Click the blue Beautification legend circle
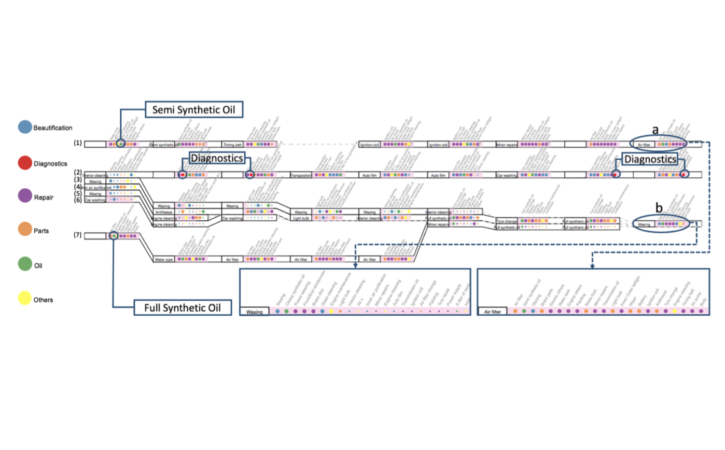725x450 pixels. click(24, 127)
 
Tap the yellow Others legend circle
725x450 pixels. click(24, 298)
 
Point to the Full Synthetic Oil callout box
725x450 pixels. click(175, 307)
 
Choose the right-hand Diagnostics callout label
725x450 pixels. click(650, 159)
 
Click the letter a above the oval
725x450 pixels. click(655, 130)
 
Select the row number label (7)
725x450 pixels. click(77, 235)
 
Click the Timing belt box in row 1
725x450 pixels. click(232, 145)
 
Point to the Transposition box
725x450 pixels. click(301, 176)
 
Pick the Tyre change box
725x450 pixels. click(507, 221)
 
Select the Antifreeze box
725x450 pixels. click(164, 212)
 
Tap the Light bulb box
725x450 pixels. click(301, 219)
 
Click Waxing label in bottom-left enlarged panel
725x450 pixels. click(254, 312)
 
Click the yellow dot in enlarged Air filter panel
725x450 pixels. click(674, 311)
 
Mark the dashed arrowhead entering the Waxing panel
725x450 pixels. click(355, 265)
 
